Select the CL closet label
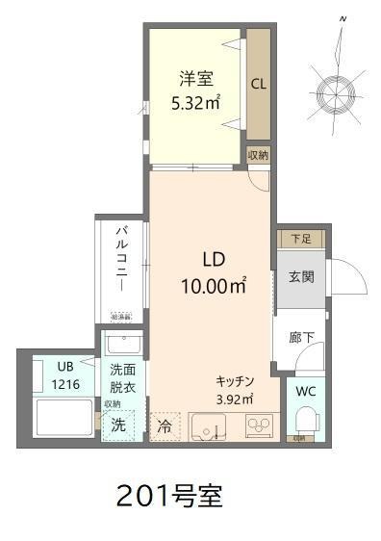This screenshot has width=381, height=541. coord(259,84)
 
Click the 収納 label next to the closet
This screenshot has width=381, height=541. coord(257,154)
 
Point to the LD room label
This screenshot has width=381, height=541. coord(213,259)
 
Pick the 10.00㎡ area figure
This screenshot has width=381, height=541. coord(213,285)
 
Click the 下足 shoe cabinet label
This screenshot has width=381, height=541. coord(300,238)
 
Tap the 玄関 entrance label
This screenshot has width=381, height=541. coord(300,277)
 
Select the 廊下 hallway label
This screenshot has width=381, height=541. coord(300,338)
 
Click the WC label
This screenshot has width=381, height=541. coord(306,392)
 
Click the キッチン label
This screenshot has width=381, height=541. coord(234,380)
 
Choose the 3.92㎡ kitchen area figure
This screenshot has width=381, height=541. coord(234,399)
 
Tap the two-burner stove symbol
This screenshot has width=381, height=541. coord(261,425)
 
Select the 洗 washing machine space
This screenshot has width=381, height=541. coord(117,425)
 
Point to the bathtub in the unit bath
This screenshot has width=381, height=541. coord(63,419)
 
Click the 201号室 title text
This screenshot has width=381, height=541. coord(168,497)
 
